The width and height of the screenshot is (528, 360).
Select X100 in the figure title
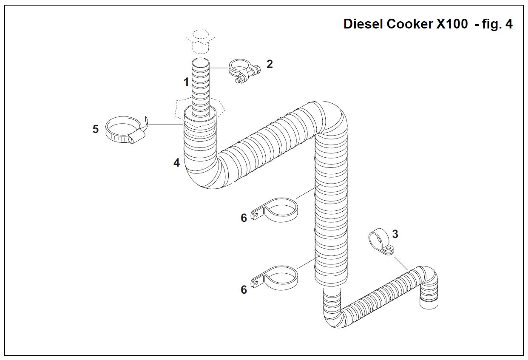(x=451, y=24)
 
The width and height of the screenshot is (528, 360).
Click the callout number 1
(x=186, y=82)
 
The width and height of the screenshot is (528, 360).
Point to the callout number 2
(x=270, y=64)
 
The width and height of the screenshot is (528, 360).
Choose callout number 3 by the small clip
(x=395, y=234)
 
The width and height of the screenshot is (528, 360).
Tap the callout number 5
(x=96, y=129)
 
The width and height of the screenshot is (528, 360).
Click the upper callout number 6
(x=244, y=218)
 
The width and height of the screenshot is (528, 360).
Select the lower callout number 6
(x=244, y=289)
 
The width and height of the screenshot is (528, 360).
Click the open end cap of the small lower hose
(x=429, y=302)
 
